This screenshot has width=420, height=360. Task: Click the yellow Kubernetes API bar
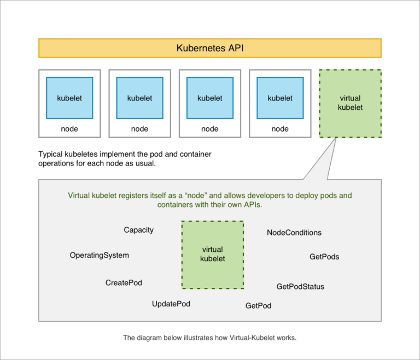(x=210, y=48)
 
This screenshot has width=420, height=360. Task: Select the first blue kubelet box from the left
(x=69, y=98)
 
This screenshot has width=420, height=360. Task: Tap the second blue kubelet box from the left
(x=139, y=98)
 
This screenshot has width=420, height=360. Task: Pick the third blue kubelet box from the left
(x=209, y=98)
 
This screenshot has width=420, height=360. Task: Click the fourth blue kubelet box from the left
(x=279, y=98)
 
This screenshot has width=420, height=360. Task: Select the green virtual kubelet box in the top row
(x=350, y=103)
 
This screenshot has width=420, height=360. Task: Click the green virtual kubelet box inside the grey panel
(x=212, y=254)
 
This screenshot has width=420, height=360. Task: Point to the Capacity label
(x=138, y=230)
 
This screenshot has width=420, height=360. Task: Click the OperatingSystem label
(x=99, y=255)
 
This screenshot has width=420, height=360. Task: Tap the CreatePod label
(x=124, y=282)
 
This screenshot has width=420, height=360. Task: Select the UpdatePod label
(x=171, y=303)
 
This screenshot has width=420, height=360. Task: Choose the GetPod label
(x=258, y=305)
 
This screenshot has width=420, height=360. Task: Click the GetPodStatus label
(x=300, y=286)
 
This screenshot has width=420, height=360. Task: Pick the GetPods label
(x=324, y=256)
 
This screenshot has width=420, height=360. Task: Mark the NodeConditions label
(x=294, y=232)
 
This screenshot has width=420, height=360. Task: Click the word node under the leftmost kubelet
(x=69, y=129)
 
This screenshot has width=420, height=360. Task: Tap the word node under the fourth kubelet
(x=279, y=129)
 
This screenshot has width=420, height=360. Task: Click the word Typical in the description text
(x=51, y=154)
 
